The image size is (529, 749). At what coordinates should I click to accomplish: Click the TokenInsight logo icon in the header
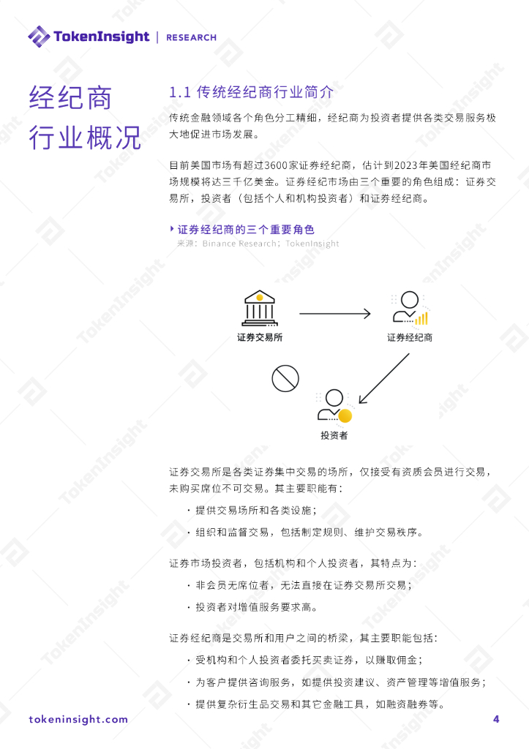39,36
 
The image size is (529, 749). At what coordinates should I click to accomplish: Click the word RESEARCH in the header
192,37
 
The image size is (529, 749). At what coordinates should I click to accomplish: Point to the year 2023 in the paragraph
406,163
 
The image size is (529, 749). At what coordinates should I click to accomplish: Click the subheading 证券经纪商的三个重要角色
246,230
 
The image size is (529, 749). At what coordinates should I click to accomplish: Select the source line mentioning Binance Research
258,244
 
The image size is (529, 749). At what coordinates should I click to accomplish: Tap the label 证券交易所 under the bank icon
260,338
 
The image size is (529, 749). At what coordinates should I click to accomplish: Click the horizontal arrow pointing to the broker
335,314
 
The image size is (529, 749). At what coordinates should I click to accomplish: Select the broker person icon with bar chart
408,308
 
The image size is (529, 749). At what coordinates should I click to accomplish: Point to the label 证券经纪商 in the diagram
410,338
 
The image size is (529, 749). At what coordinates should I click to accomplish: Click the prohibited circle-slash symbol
285,378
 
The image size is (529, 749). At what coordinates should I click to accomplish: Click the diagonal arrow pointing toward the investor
383,379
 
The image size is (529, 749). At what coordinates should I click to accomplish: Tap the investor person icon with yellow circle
334,406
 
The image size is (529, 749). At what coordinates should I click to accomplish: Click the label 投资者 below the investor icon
334,436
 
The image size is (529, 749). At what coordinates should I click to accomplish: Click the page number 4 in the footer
496,719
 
